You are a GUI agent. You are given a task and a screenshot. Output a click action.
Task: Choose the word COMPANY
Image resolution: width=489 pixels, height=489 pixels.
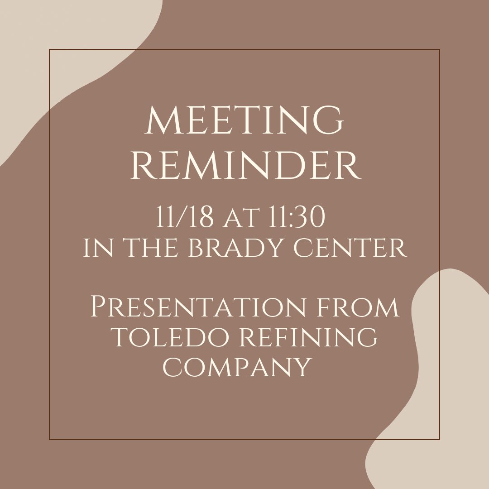click(237, 367)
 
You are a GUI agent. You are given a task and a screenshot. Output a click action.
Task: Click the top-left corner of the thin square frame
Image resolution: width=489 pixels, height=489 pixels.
click(49, 50)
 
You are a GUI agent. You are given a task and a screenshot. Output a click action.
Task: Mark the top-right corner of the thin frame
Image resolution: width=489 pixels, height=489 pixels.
click(440, 50)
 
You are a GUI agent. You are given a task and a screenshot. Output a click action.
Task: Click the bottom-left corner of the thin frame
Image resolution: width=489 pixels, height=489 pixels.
click(49, 439)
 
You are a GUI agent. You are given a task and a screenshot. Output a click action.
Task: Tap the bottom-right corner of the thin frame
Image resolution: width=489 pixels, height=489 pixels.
click(440, 439)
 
